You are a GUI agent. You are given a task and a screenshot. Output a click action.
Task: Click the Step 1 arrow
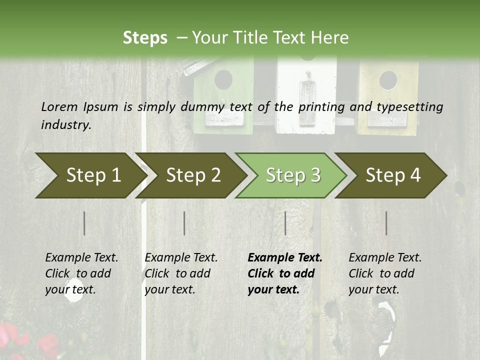[x=90, y=175]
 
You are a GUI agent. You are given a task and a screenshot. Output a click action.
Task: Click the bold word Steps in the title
[x=145, y=38]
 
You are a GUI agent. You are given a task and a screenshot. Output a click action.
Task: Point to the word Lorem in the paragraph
[x=59, y=106]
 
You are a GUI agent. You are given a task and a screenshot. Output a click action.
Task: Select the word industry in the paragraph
[x=65, y=124]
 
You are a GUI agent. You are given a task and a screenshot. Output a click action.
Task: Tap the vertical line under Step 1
[x=84, y=223]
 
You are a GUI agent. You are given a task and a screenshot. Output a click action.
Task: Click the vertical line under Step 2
[x=184, y=223]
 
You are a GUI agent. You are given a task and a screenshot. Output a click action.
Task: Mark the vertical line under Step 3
[x=285, y=223]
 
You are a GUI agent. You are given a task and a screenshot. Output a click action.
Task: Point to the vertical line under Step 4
[x=386, y=223]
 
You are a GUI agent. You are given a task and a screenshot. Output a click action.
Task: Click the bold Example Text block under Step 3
[x=285, y=273]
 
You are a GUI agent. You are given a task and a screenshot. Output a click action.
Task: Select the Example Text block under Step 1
[x=81, y=273]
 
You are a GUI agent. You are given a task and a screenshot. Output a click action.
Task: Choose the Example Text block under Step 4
[x=385, y=273]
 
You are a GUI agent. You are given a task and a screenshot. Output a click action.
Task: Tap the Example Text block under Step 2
[x=181, y=273]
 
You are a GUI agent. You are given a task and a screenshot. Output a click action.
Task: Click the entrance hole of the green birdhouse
[x=223, y=79]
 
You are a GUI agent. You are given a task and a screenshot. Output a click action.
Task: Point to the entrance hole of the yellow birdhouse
[x=388, y=80]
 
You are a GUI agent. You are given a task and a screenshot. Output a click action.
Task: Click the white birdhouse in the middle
[x=306, y=95]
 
